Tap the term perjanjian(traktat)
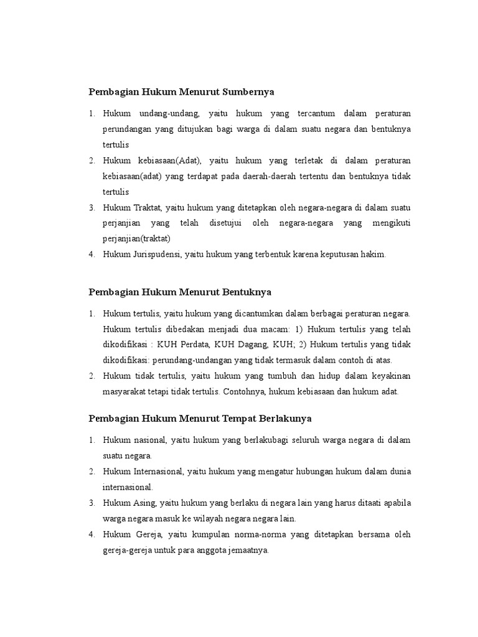click(x=137, y=239)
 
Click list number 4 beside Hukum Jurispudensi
click(x=91, y=254)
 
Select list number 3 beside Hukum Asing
click(x=91, y=503)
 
